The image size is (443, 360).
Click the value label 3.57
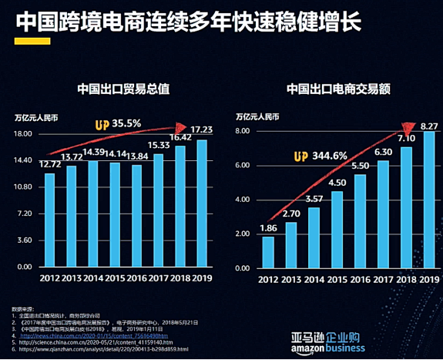[x=314, y=199]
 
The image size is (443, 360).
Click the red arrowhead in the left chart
[x=182, y=127]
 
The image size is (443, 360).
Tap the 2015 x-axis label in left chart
[x=114, y=278]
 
